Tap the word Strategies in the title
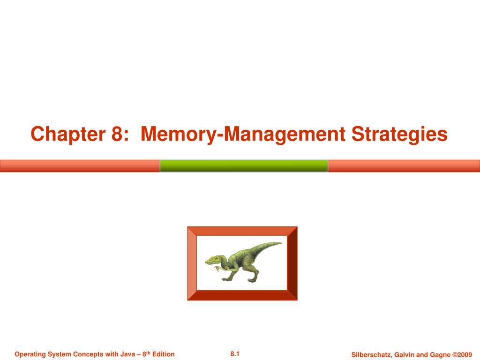click(400, 135)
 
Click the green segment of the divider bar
click(244, 166)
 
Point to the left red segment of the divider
click(80, 166)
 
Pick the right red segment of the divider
click(404, 166)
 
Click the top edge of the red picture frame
click(242, 231)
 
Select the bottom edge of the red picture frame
click(242, 295)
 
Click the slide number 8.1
click(235, 354)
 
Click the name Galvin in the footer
click(403, 354)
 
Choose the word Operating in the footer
click(29, 354)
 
